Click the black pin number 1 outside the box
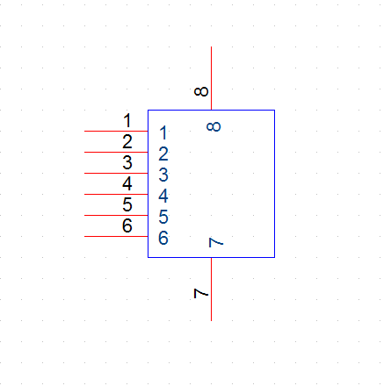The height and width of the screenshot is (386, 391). (x=127, y=120)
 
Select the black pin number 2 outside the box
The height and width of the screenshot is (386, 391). (x=127, y=141)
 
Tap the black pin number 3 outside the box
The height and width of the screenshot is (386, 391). (x=127, y=162)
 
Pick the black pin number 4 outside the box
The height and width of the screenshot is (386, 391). (x=127, y=183)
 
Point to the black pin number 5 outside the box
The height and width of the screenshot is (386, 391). (x=127, y=204)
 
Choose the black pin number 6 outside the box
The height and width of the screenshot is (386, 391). (x=127, y=225)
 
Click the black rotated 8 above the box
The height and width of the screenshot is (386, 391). (x=201, y=91)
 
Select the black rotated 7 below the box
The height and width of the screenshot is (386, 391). (x=201, y=293)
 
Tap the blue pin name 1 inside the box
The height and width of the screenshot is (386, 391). (x=163, y=132)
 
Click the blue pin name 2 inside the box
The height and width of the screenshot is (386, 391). (x=163, y=154)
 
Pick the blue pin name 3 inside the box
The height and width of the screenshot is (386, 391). (x=163, y=175)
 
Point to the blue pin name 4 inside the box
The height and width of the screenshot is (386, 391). (x=163, y=196)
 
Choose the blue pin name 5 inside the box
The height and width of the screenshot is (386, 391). (x=163, y=217)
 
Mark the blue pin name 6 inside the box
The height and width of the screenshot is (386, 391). (x=163, y=238)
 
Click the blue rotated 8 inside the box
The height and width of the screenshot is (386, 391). (x=214, y=126)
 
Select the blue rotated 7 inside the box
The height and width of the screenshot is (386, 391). (x=216, y=242)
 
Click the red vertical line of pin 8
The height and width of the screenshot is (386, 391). (x=212, y=78)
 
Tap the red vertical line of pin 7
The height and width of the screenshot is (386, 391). (x=212, y=289)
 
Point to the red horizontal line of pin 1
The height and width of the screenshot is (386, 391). (x=116, y=131)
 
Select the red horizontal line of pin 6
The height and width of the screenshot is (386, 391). (x=116, y=236)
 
